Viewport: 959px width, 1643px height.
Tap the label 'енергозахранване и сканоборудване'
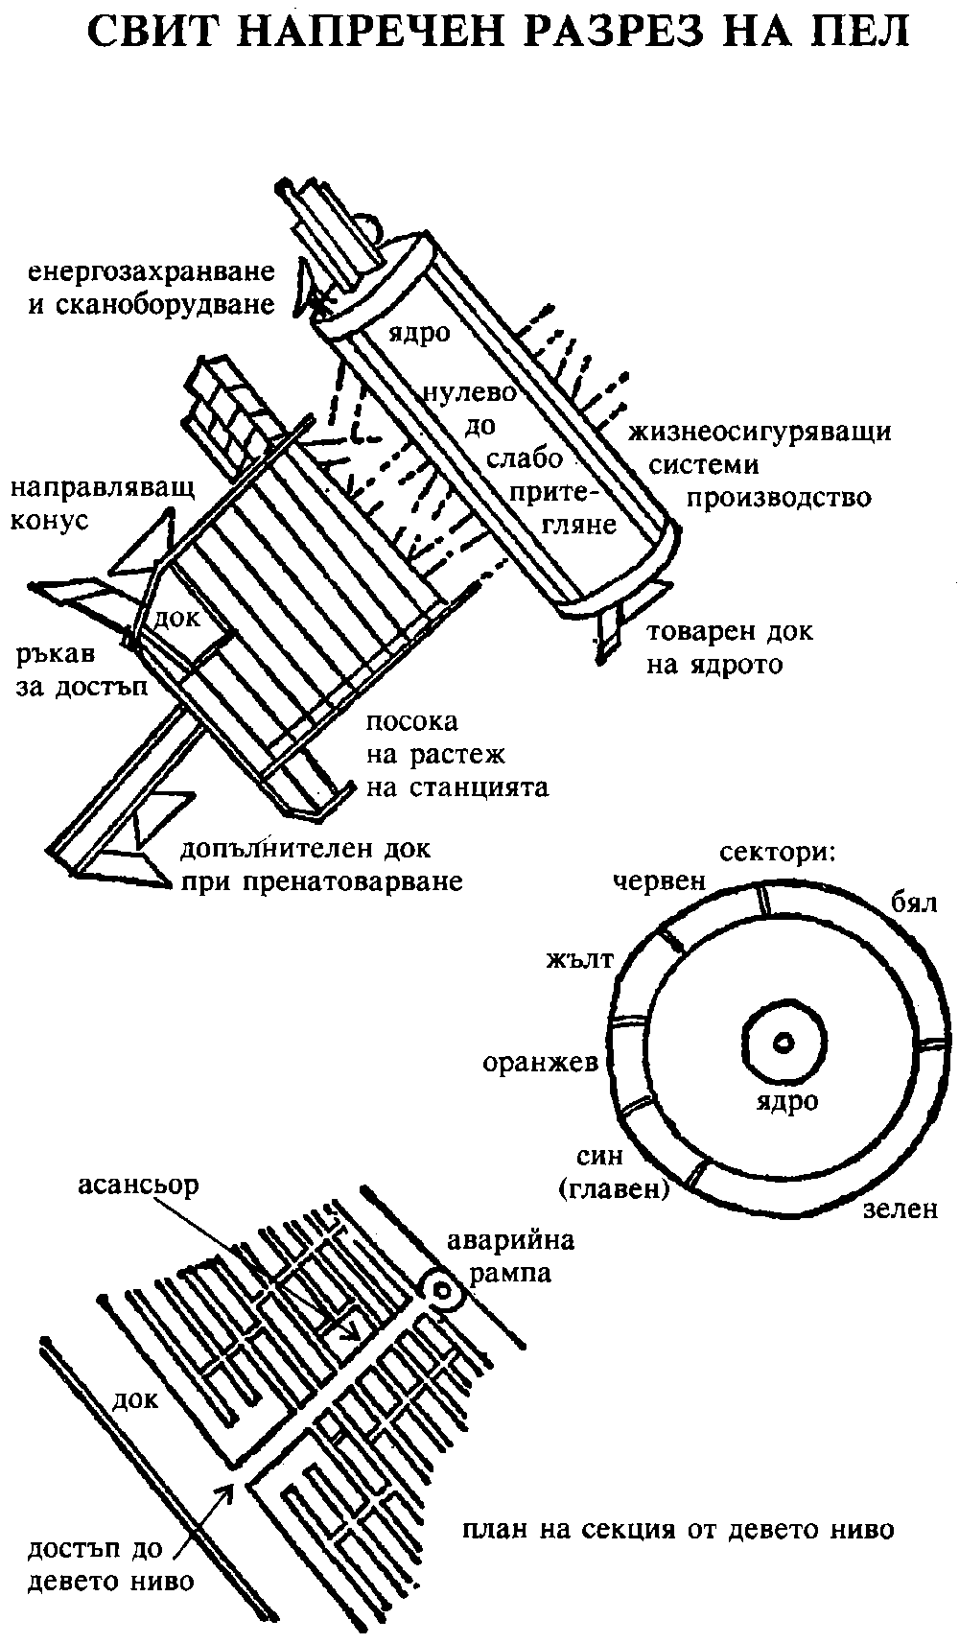pyautogui.click(x=152, y=288)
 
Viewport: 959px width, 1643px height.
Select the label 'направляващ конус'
pyautogui.click(x=103, y=504)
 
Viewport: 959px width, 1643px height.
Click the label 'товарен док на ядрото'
pyautogui.click(x=729, y=648)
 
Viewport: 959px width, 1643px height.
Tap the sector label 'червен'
pyautogui.click(x=661, y=881)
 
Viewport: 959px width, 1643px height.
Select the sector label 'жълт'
pyautogui.click(x=578, y=961)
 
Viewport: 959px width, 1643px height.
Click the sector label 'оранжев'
pyautogui.click(x=541, y=1062)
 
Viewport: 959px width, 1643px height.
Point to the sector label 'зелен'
pyautogui.click(x=899, y=1209)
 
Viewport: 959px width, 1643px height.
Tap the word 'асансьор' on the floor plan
pyautogui.click(x=139, y=1185)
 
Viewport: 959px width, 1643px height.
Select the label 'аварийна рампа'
pyautogui.click(x=510, y=1256)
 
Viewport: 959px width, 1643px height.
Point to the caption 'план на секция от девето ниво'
pyautogui.click(x=677, y=1528)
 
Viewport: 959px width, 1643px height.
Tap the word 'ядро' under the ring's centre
pyautogui.click(x=784, y=1101)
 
